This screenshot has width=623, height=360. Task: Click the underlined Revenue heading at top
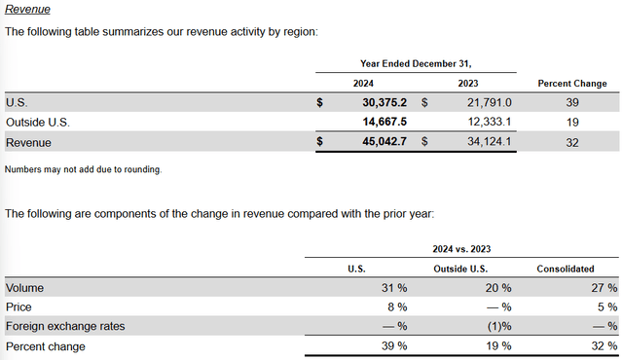click(x=26, y=9)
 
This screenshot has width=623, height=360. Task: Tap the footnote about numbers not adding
click(x=83, y=169)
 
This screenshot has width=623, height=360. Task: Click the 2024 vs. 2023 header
click(x=461, y=249)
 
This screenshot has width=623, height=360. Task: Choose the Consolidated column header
click(x=574, y=269)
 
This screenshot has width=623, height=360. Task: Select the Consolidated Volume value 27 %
click(x=602, y=288)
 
